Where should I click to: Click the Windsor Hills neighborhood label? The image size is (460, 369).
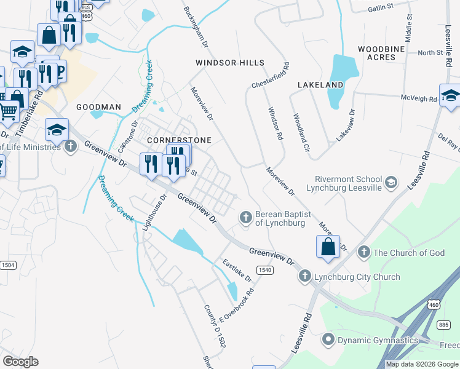coord(230,63)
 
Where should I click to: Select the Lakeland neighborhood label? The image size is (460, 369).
coord(320,84)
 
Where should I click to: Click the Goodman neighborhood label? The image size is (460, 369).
coord(98,107)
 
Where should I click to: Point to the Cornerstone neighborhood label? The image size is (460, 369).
coord(179,140)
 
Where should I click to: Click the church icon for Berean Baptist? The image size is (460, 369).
coord(245,216)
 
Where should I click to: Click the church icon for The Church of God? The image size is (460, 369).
coord(363,252)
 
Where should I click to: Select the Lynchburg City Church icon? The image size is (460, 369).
coord(304,277)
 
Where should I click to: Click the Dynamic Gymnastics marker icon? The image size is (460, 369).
coord(328,339)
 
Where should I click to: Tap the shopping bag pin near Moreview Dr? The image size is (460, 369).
coord(328,247)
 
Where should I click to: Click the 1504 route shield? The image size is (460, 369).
coord(8,265)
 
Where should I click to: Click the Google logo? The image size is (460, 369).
coord(20,362)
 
